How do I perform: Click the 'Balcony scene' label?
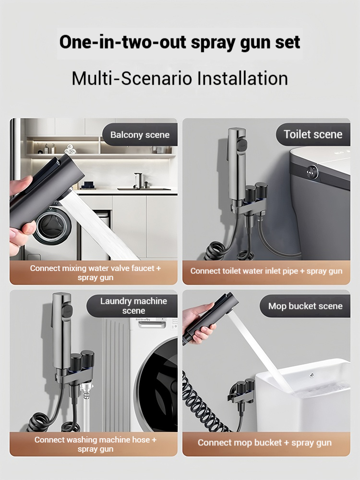[140, 135]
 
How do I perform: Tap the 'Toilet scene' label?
[313, 135]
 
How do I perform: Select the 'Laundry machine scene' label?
[133, 306]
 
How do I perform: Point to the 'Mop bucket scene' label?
[305, 306]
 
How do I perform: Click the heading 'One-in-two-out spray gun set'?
[180, 42]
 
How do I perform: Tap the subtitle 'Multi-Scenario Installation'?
[180, 78]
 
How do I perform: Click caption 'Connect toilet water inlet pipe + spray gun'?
[266, 271]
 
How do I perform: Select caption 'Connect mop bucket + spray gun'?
[264, 443]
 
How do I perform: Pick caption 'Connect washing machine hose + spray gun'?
[96, 444]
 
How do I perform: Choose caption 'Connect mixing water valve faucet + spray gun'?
[96, 273]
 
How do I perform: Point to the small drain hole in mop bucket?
[312, 375]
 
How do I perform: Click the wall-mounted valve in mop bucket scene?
[241, 392]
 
